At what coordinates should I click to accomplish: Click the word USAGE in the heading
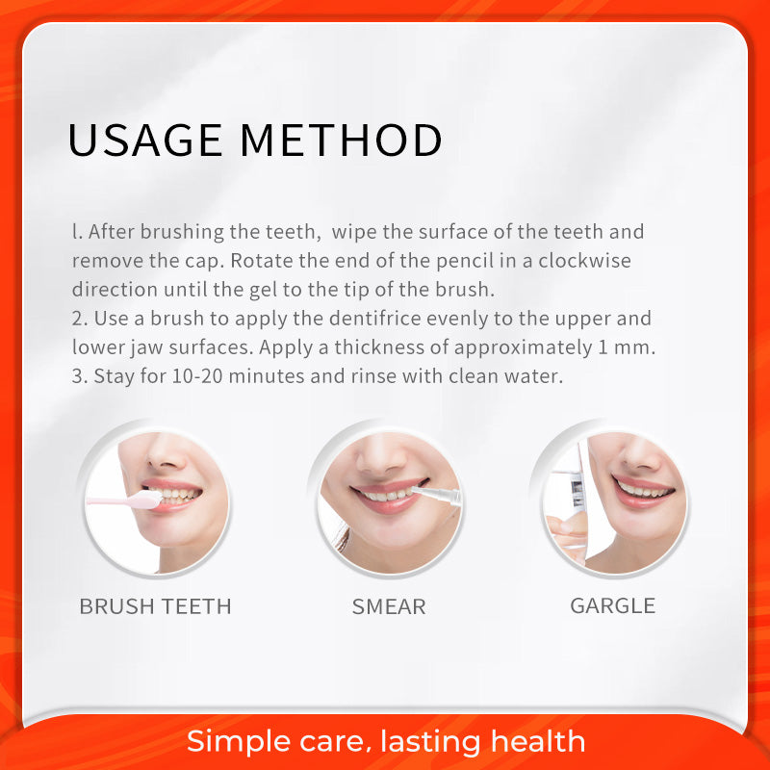point(145,141)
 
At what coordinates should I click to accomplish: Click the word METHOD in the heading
point(342,141)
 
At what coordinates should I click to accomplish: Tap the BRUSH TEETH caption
point(155,606)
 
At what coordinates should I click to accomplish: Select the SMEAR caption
point(389,607)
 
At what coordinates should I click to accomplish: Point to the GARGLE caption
point(612,606)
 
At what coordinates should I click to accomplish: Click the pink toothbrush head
point(147,500)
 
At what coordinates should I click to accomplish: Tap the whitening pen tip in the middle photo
point(418,490)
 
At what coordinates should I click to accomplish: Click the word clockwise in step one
point(584,260)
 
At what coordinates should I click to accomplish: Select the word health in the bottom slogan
point(538,740)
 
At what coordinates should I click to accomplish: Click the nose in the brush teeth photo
point(165,454)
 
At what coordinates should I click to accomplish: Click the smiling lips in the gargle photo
point(643,491)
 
